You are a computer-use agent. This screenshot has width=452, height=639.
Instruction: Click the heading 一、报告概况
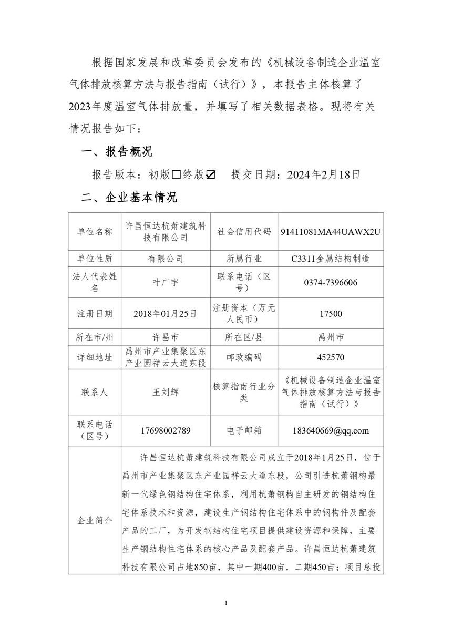point(116,152)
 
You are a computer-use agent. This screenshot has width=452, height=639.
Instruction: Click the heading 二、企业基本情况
point(128,198)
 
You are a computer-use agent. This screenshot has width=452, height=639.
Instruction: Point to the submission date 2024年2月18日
point(324,175)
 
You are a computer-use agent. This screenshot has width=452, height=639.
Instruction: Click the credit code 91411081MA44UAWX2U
point(331,232)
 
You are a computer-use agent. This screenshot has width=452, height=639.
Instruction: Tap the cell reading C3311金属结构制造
point(331,259)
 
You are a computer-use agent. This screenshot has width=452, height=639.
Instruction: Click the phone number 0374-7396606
point(331,282)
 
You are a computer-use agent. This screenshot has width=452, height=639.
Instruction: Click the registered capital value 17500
point(331,313)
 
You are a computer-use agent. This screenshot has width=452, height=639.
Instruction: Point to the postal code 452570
point(331,357)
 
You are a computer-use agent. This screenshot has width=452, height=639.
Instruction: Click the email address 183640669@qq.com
point(331,430)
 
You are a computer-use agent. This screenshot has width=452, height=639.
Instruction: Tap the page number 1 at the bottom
point(225,603)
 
